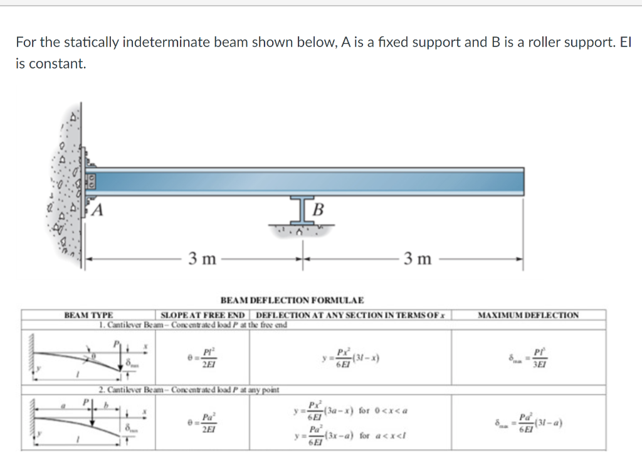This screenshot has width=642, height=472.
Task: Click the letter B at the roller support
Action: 318,209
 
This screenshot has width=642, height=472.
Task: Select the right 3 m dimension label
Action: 418,258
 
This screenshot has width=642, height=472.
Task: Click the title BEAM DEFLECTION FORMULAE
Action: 292,301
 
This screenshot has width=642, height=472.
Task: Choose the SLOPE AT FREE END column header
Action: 203,315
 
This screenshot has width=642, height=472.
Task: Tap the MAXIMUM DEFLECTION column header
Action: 528,315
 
